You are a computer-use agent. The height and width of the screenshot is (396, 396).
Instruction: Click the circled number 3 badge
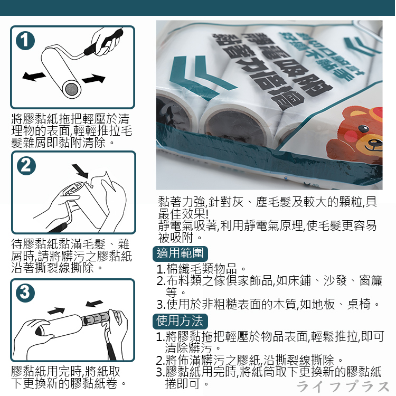pyautogui.click(x=25, y=292)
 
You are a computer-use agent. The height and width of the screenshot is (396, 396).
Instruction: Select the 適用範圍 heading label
pyautogui.click(x=180, y=253)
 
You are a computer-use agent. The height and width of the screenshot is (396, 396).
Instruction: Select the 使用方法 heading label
pyautogui.click(x=180, y=320)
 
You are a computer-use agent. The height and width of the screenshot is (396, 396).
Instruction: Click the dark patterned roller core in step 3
pyautogui.click(x=98, y=319)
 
